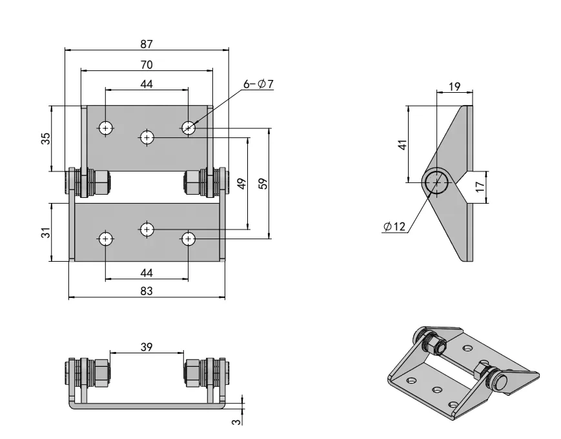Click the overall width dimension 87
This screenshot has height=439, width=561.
click(x=147, y=44)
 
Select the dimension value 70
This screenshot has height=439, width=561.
click(x=147, y=64)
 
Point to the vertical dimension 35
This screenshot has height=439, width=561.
click(x=46, y=139)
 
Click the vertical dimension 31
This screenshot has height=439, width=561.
click(x=46, y=231)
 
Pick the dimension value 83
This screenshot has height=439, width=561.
click(x=147, y=291)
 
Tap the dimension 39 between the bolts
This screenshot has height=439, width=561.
click(x=147, y=347)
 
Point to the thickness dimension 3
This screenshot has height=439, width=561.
click(x=236, y=422)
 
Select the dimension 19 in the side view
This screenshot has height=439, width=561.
click(x=454, y=86)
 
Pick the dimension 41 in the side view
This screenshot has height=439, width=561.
click(x=402, y=144)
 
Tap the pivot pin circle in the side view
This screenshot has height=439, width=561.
click(x=437, y=182)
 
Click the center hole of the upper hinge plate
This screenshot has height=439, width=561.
click(x=147, y=137)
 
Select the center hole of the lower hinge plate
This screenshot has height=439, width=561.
click(x=147, y=229)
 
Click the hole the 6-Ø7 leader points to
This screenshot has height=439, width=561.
click(x=188, y=128)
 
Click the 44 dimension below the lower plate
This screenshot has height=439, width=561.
click(x=147, y=273)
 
